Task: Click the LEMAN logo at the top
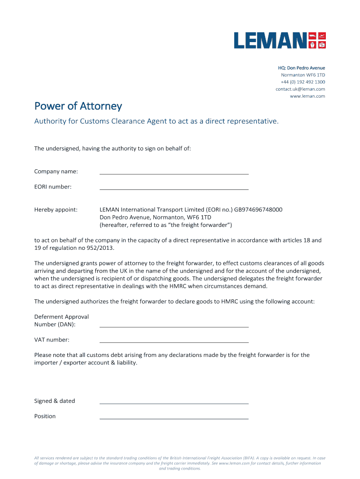(280, 41)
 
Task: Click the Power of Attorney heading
(78, 106)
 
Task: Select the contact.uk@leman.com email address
(300, 89)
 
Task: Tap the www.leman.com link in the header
(307, 96)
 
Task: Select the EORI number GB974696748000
(258, 210)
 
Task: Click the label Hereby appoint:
(56, 210)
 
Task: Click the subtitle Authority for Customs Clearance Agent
(156, 121)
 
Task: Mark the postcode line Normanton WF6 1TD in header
(302, 75)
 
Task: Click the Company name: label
(56, 172)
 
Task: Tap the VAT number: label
(52, 340)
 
